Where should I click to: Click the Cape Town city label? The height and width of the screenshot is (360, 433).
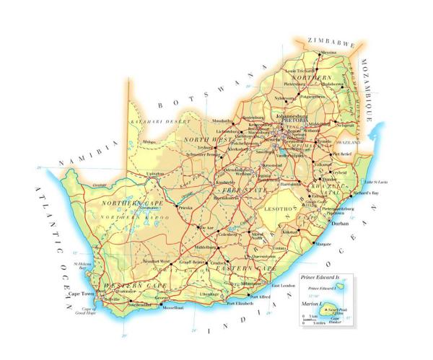click(x=80, y=294)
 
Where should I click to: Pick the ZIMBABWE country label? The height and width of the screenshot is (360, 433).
click(x=331, y=40)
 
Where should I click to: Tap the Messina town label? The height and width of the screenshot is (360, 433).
click(x=308, y=53)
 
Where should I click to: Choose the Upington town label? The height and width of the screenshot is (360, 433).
click(x=155, y=174)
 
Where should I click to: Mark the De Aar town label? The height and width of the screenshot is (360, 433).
click(x=206, y=227)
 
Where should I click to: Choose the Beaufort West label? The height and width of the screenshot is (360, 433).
click(x=157, y=260)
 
